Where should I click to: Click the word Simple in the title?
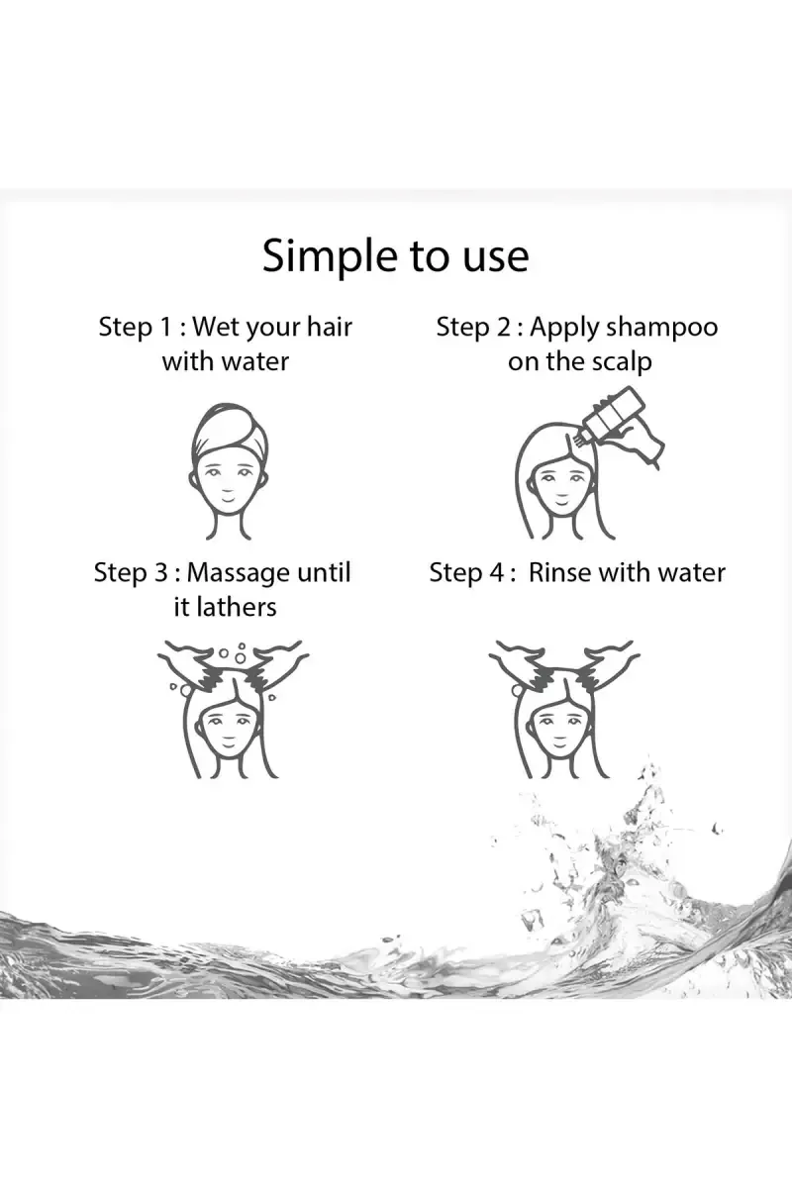(x=329, y=257)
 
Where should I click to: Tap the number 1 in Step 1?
(x=164, y=327)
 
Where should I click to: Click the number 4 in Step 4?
(x=496, y=573)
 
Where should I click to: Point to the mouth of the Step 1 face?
(x=228, y=500)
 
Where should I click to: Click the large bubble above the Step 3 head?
(x=240, y=658)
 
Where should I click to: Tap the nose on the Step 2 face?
(x=559, y=486)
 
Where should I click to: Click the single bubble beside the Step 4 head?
(x=517, y=689)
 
